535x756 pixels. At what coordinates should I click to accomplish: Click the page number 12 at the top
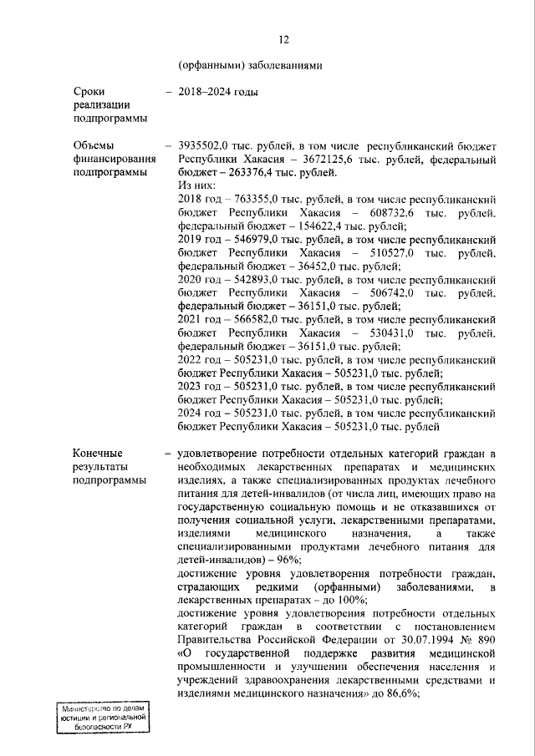click(x=283, y=39)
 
